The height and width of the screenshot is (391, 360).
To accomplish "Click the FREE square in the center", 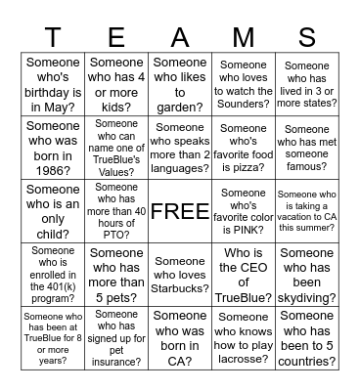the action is (x=180, y=211).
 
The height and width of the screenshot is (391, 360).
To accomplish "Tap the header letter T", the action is (x=53, y=37).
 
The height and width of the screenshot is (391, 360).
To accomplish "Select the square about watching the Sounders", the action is (x=244, y=84).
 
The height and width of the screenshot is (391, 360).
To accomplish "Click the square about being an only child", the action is (x=53, y=211).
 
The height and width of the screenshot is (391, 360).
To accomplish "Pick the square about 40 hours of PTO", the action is (x=116, y=211).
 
